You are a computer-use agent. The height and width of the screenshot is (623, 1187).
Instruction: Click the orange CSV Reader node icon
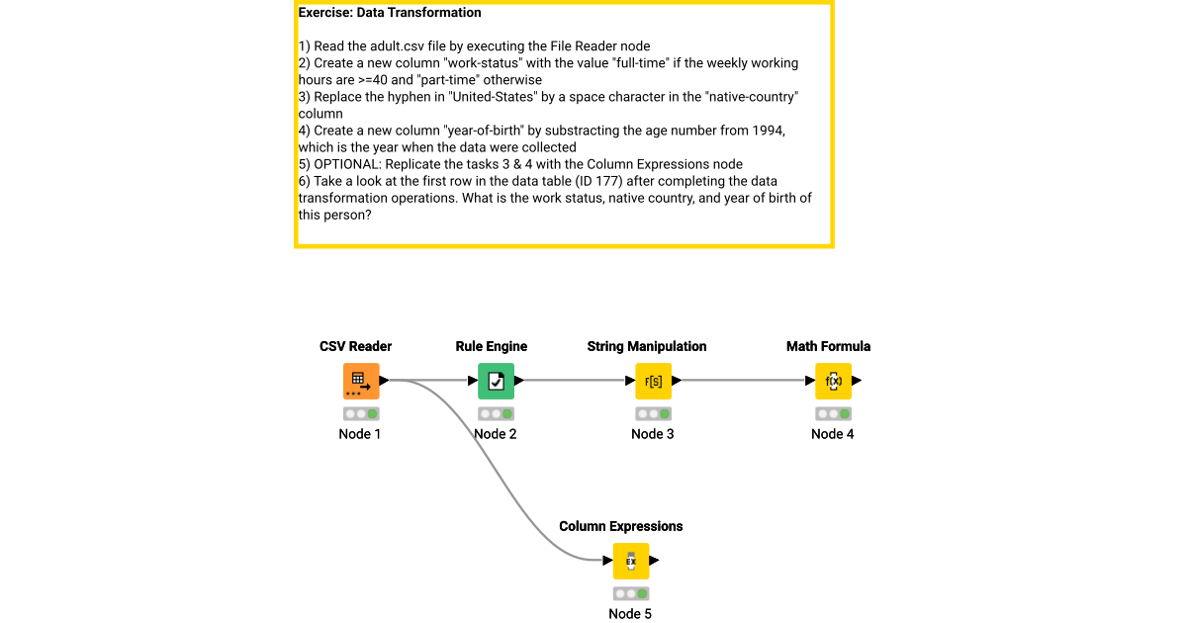point(361,381)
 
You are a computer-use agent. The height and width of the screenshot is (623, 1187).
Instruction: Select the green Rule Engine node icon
point(496,381)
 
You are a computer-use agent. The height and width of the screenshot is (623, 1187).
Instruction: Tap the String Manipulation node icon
point(653,381)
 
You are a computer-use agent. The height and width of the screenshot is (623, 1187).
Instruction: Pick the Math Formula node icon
point(833,381)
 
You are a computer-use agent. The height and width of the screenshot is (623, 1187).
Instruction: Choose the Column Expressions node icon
point(630,561)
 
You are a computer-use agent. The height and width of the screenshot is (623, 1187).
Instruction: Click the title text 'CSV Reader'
point(355,346)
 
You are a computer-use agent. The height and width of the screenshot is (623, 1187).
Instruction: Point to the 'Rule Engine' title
point(491,346)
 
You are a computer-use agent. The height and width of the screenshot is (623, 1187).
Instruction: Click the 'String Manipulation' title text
point(646,346)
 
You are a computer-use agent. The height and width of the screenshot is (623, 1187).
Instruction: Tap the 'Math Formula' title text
point(828,346)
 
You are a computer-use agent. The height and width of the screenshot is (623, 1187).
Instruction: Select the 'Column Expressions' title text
point(620,526)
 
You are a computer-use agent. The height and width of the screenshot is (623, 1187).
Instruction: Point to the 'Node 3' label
point(653,434)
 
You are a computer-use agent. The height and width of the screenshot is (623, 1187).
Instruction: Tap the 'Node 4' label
point(833,434)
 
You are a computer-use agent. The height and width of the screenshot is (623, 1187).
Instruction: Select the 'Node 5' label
point(630,614)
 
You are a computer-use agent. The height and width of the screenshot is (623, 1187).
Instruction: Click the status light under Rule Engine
point(496,413)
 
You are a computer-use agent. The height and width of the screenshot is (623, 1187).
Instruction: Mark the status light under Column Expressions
point(630,593)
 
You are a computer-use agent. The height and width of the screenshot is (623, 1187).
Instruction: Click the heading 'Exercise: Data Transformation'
point(390,13)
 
